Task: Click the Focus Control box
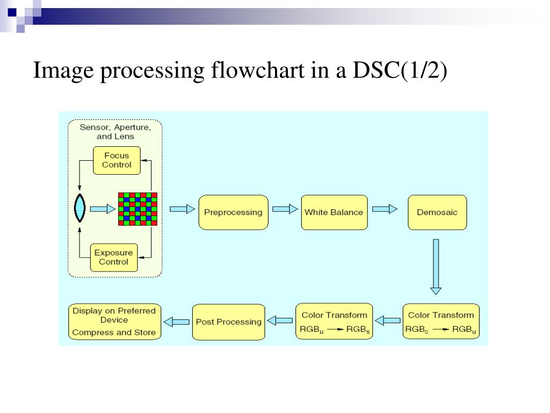pos(117,160)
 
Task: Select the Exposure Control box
pos(113,257)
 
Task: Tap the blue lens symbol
pos(79,208)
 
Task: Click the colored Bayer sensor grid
pos(137,209)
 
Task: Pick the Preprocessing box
pos(233,212)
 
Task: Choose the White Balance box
pos(334,212)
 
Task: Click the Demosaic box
pos(437,212)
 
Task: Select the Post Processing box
pos(228,322)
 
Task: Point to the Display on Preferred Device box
pos(114,322)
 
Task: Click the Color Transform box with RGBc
pos(441,322)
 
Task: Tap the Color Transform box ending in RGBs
pos(334,322)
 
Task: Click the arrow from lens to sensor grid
pos(103,209)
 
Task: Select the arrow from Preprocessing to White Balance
pos(285,209)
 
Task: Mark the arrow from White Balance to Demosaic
pos(385,209)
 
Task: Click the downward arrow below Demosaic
pos(436,267)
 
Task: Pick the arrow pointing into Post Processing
pos(280,321)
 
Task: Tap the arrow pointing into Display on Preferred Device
pos(176,322)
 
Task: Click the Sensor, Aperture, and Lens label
pos(115,132)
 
